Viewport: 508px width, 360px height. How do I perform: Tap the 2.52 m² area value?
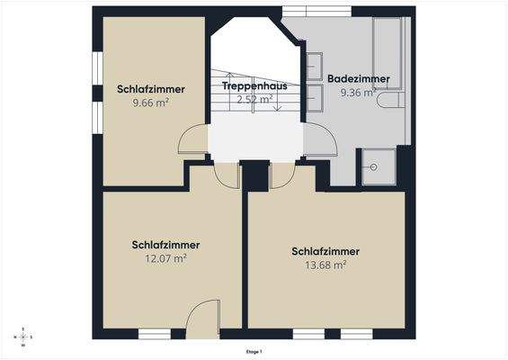(x=254, y=99)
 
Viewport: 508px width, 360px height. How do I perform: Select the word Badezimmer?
(x=358, y=78)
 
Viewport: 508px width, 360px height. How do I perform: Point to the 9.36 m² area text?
(x=358, y=92)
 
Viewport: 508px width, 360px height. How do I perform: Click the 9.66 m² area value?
(x=151, y=103)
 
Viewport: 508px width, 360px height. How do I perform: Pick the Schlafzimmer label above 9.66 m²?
(x=151, y=89)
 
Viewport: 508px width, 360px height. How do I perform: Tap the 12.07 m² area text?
(x=165, y=258)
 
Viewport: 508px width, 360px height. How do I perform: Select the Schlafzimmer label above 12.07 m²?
(x=165, y=245)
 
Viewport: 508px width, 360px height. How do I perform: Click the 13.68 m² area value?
(x=325, y=265)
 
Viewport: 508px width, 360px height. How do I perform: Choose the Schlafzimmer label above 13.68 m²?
(x=325, y=251)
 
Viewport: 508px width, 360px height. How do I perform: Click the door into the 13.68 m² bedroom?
(x=281, y=175)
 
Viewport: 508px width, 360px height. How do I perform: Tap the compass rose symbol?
(x=22, y=337)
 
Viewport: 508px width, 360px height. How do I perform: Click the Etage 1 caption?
(x=254, y=352)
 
